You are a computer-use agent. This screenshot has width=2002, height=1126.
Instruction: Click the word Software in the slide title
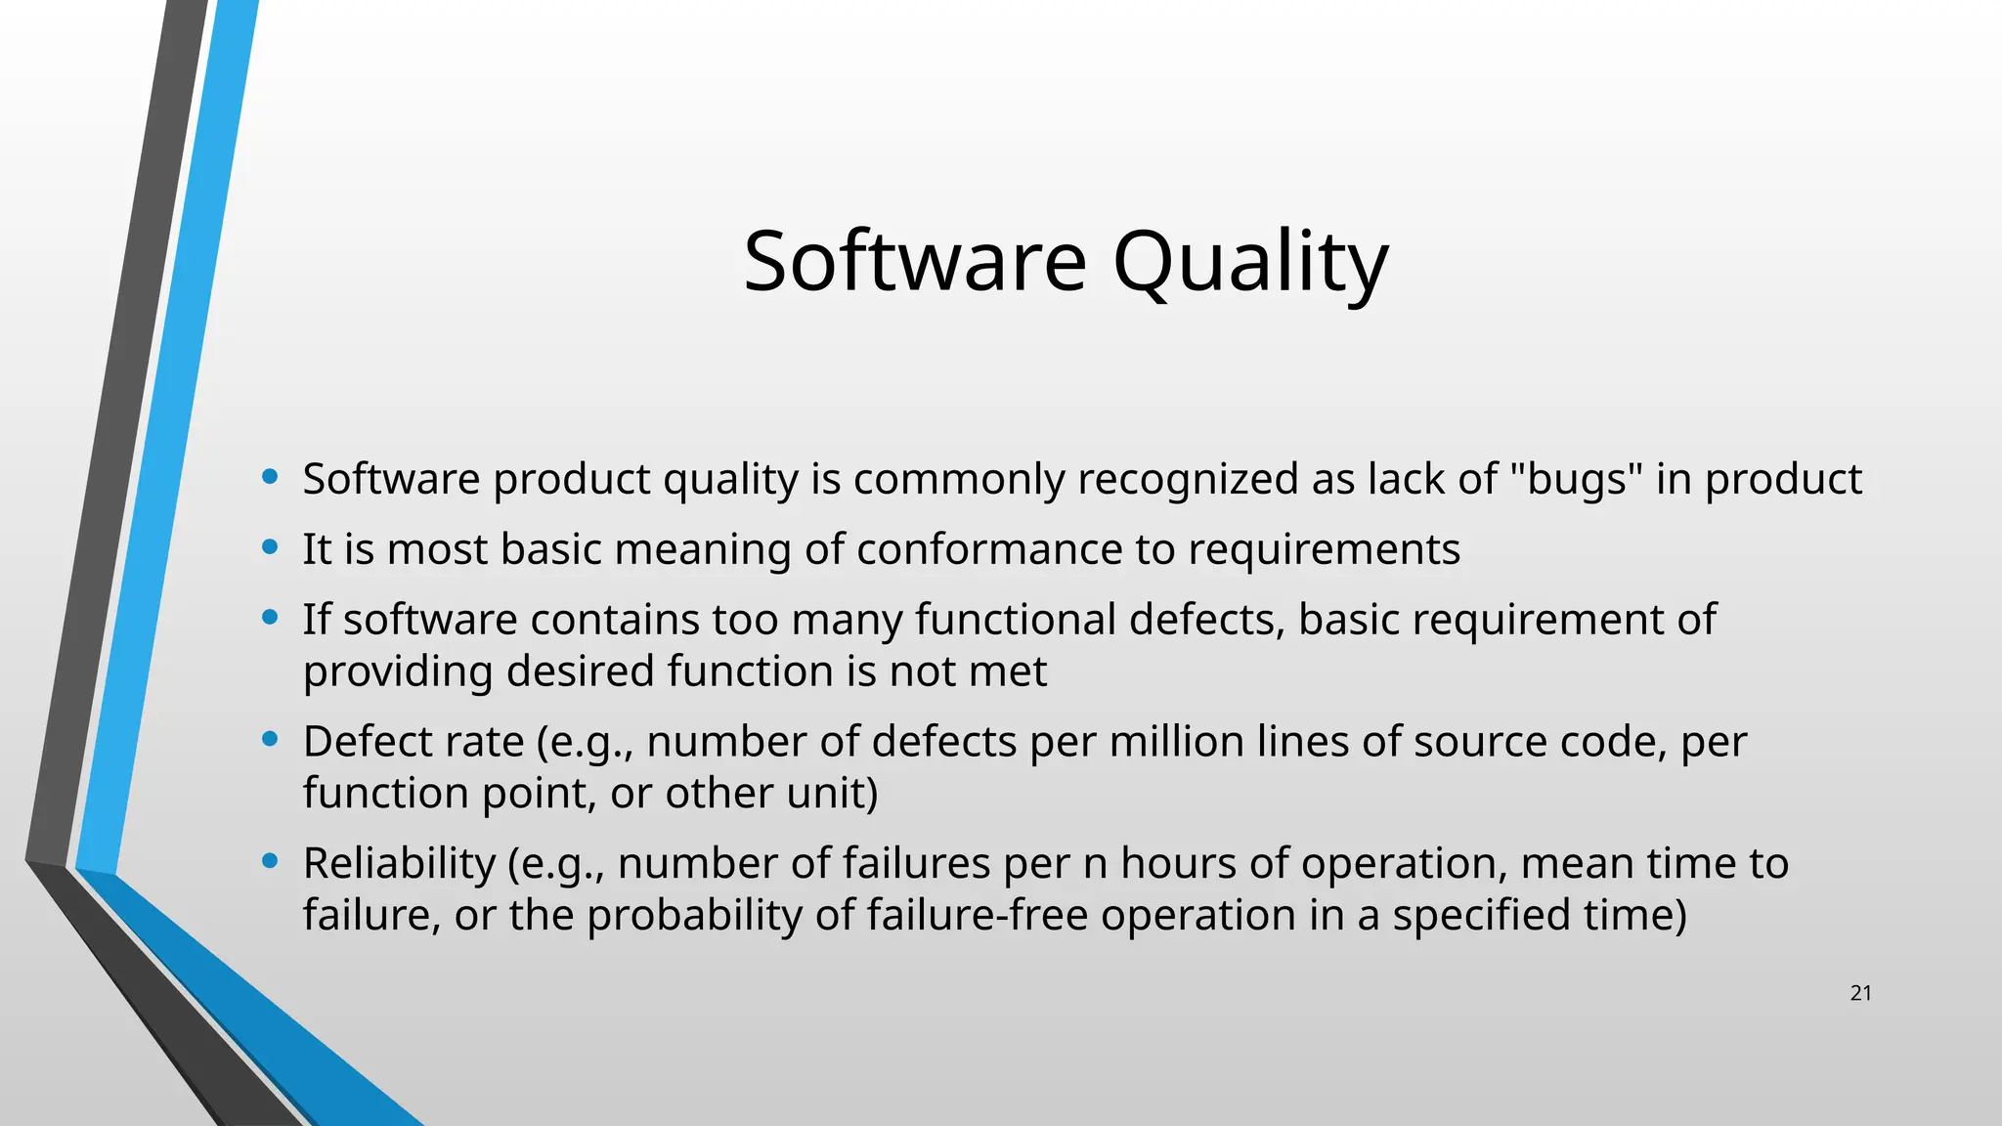pos(914,262)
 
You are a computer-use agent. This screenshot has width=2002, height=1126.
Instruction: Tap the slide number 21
pos(1860,993)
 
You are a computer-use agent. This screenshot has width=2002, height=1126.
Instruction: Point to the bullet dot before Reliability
pos(271,861)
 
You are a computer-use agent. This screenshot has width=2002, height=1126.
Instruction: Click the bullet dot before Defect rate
pos(271,739)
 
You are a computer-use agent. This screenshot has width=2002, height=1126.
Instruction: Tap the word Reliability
pos(399,864)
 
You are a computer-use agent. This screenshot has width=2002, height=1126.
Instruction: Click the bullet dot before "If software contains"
pos(271,617)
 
